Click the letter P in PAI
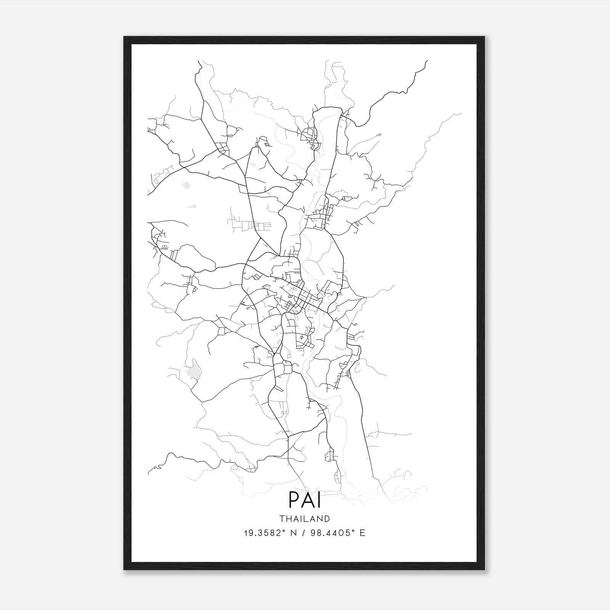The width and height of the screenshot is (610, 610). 294,500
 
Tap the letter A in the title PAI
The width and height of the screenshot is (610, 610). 307,500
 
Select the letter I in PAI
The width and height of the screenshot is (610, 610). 319,500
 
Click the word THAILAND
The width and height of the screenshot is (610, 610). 305,519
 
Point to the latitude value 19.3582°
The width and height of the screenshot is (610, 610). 265,533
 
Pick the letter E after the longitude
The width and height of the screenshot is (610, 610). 363,533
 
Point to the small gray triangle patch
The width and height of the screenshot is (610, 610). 192,206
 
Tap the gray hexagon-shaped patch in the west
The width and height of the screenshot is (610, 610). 186,185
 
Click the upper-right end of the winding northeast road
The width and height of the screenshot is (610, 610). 427,61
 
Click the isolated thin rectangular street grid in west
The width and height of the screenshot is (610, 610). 250,225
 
